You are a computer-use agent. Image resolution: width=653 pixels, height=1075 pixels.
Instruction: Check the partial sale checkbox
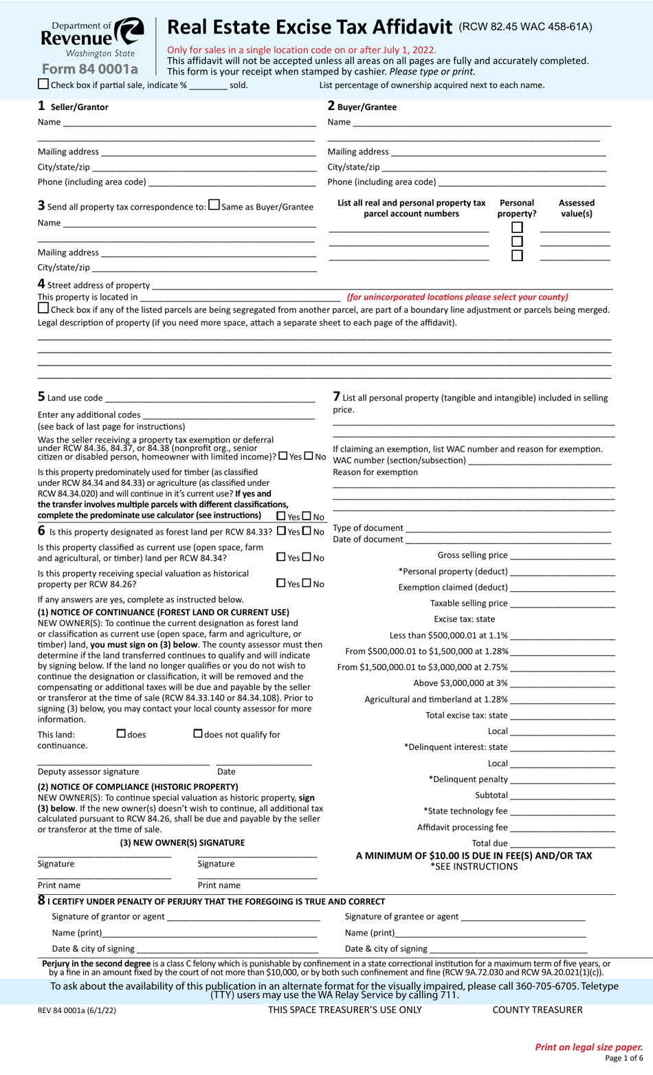tap(43, 84)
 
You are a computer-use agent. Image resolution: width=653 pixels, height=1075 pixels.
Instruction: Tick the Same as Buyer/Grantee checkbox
tap(214, 205)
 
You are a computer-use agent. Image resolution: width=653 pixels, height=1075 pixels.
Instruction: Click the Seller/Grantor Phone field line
tap(232, 183)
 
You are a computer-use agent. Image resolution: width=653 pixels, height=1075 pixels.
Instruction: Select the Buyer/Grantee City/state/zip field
tap(494, 168)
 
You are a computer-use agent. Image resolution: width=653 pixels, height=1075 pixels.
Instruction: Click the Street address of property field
tap(381, 286)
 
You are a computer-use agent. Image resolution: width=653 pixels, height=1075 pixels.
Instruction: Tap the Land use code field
tap(210, 399)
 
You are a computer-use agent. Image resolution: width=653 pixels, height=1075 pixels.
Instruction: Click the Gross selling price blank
tap(562, 556)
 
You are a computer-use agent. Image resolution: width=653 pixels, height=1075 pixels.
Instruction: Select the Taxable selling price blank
tap(562, 604)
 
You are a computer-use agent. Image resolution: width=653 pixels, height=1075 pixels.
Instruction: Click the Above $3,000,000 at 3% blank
tap(562, 684)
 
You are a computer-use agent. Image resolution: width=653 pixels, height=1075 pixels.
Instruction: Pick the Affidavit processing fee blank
tap(562, 828)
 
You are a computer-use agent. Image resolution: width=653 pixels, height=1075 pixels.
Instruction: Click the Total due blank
tap(562, 844)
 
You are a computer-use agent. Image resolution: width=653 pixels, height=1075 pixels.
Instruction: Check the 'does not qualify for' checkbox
tap(198, 734)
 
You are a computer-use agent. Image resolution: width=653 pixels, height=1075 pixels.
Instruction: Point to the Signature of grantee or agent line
tap(522, 918)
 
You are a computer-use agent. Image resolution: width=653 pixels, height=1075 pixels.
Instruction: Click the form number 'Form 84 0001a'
tap(89, 69)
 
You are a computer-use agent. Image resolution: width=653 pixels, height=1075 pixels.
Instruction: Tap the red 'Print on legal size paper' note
tap(589, 1047)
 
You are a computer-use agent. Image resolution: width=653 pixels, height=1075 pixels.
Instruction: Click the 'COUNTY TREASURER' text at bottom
tap(537, 1010)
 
